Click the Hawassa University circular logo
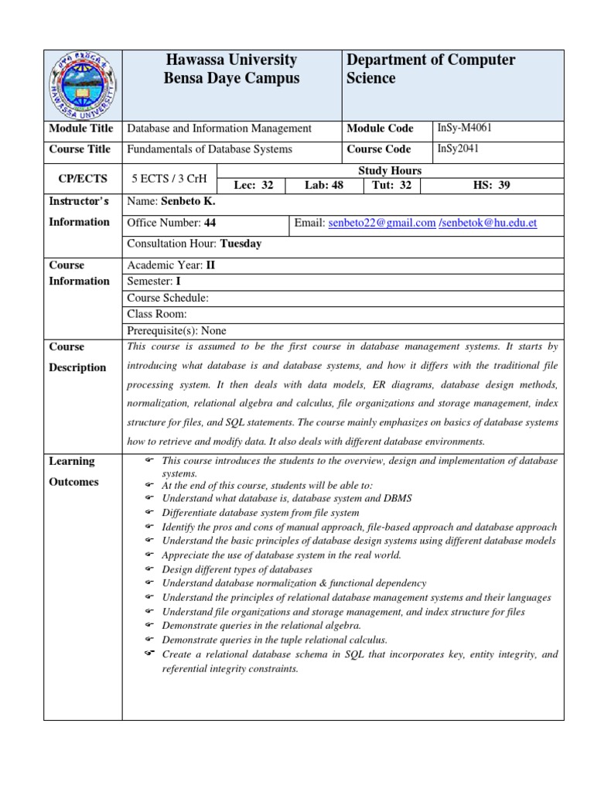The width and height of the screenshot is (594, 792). [x=83, y=85]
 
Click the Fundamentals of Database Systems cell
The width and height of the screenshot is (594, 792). [x=210, y=149]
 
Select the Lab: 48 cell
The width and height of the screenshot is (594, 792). [x=323, y=185]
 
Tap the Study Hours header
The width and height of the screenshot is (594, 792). [x=390, y=170]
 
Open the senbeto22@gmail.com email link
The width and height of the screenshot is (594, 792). [x=382, y=223]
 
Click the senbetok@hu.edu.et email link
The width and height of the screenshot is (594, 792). [x=488, y=223]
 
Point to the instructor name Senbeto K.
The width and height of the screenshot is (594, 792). [x=188, y=202]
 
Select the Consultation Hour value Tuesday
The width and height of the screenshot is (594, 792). [x=241, y=244]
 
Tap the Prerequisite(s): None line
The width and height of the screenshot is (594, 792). [x=176, y=330]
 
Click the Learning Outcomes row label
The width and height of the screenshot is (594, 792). [x=74, y=471]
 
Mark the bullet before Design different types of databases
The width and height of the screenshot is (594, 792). [x=149, y=569]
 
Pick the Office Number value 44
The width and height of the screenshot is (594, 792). [x=210, y=223]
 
